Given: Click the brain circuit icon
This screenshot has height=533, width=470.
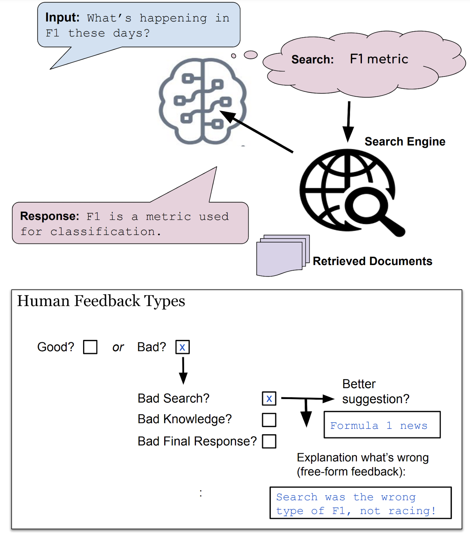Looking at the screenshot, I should [203, 101].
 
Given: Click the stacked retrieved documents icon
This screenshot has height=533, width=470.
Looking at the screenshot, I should [282, 254].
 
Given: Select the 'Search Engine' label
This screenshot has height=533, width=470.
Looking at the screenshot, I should [405, 142].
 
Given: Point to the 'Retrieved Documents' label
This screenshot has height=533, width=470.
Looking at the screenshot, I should [372, 261].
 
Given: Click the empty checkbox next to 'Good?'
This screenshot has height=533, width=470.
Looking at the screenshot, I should [90, 347].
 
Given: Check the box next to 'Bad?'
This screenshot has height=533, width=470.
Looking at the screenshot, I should [182, 347].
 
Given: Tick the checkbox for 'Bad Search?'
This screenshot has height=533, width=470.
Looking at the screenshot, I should [269, 398].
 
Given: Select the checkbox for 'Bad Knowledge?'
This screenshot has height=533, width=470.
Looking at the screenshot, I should [269, 420].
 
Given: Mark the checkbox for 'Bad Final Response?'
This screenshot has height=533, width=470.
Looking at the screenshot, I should [269, 441].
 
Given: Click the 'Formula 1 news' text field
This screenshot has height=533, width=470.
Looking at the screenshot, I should [382, 425].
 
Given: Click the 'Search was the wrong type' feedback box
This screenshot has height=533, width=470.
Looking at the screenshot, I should [360, 503].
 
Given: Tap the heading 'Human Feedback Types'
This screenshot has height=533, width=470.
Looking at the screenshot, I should [101, 301].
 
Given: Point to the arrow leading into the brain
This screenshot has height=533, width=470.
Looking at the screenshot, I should [256, 131].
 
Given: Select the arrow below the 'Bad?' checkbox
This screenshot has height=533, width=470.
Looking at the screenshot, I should [183, 370].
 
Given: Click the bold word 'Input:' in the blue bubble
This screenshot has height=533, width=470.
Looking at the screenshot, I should [62, 18].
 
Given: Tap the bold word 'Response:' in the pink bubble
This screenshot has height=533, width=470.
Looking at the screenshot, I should [50, 216].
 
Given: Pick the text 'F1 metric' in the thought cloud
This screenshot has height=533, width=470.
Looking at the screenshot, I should [379, 59].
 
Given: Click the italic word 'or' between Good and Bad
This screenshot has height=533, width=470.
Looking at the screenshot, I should [118, 347].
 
